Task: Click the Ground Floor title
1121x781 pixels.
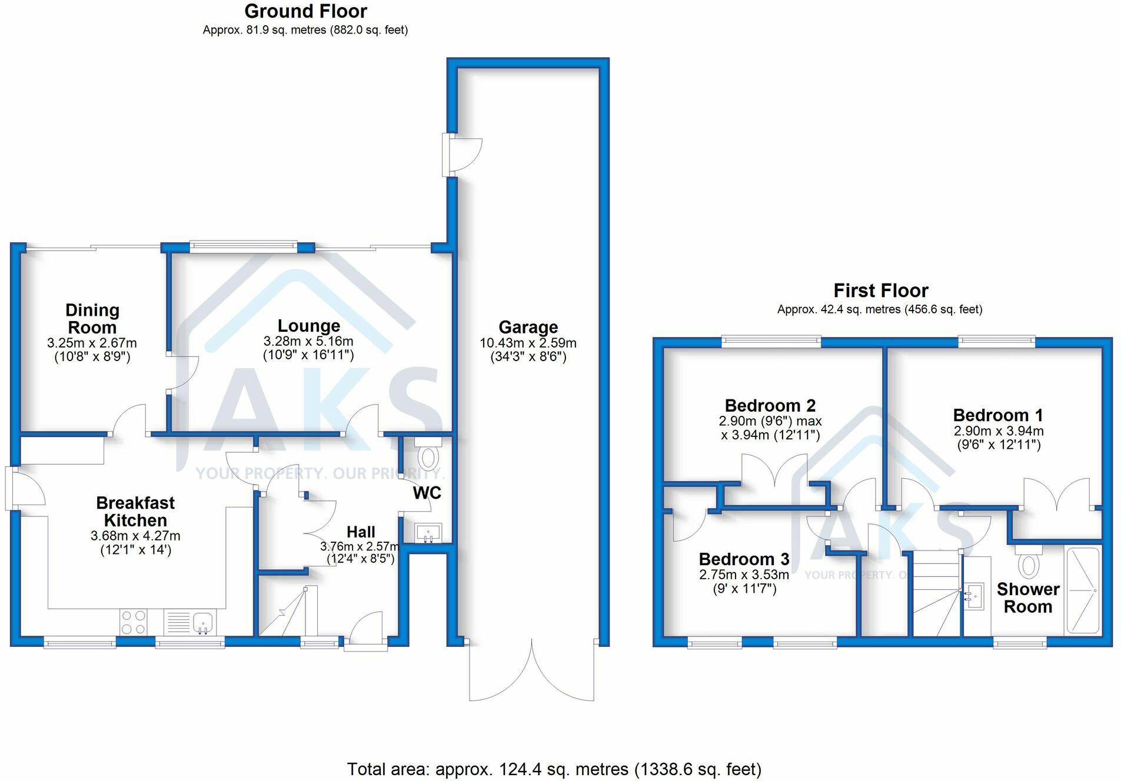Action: click(x=305, y=11)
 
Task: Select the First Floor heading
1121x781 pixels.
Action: click(x=880, y=291)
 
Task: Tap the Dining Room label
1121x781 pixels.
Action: click(x=92, y=318)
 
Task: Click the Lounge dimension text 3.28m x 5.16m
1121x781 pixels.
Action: click(x=308, y=341)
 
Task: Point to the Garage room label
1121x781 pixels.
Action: click(x=528, y=327)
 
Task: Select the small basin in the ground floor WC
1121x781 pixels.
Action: click(x=428, y=533)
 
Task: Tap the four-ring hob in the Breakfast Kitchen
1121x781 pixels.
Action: click(x=133, y=622)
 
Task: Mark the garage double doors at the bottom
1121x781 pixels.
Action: click(x=531, y=670)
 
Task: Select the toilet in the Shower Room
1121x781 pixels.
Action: click(x=1028, y=563)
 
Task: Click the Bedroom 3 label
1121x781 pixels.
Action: click(x=744, y=559)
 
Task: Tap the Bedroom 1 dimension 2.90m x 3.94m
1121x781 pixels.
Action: click(x=998, y=431)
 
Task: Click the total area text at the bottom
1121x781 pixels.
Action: click(x=554, y=769)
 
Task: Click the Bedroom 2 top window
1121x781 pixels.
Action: click(x=770, y=339)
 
